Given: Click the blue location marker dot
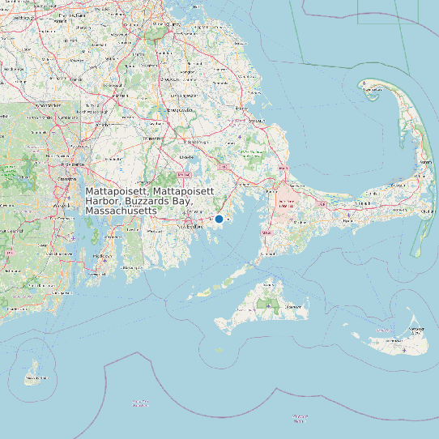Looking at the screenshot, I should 219,219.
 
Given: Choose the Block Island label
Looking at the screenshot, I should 33,377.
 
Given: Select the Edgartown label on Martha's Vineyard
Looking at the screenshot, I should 296,307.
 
